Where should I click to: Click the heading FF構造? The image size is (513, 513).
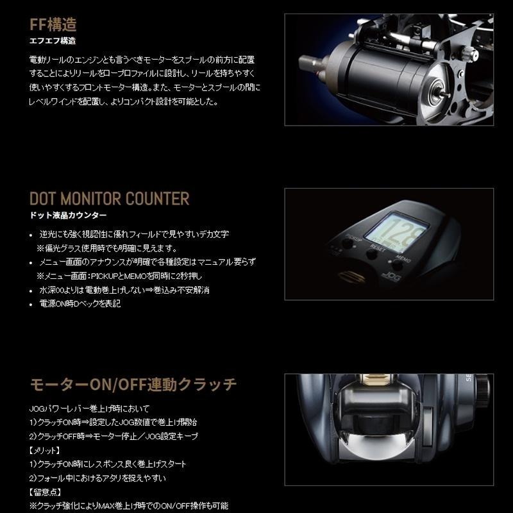53,25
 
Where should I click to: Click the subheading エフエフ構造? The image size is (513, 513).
53,41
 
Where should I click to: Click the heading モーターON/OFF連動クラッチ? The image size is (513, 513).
133,385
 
